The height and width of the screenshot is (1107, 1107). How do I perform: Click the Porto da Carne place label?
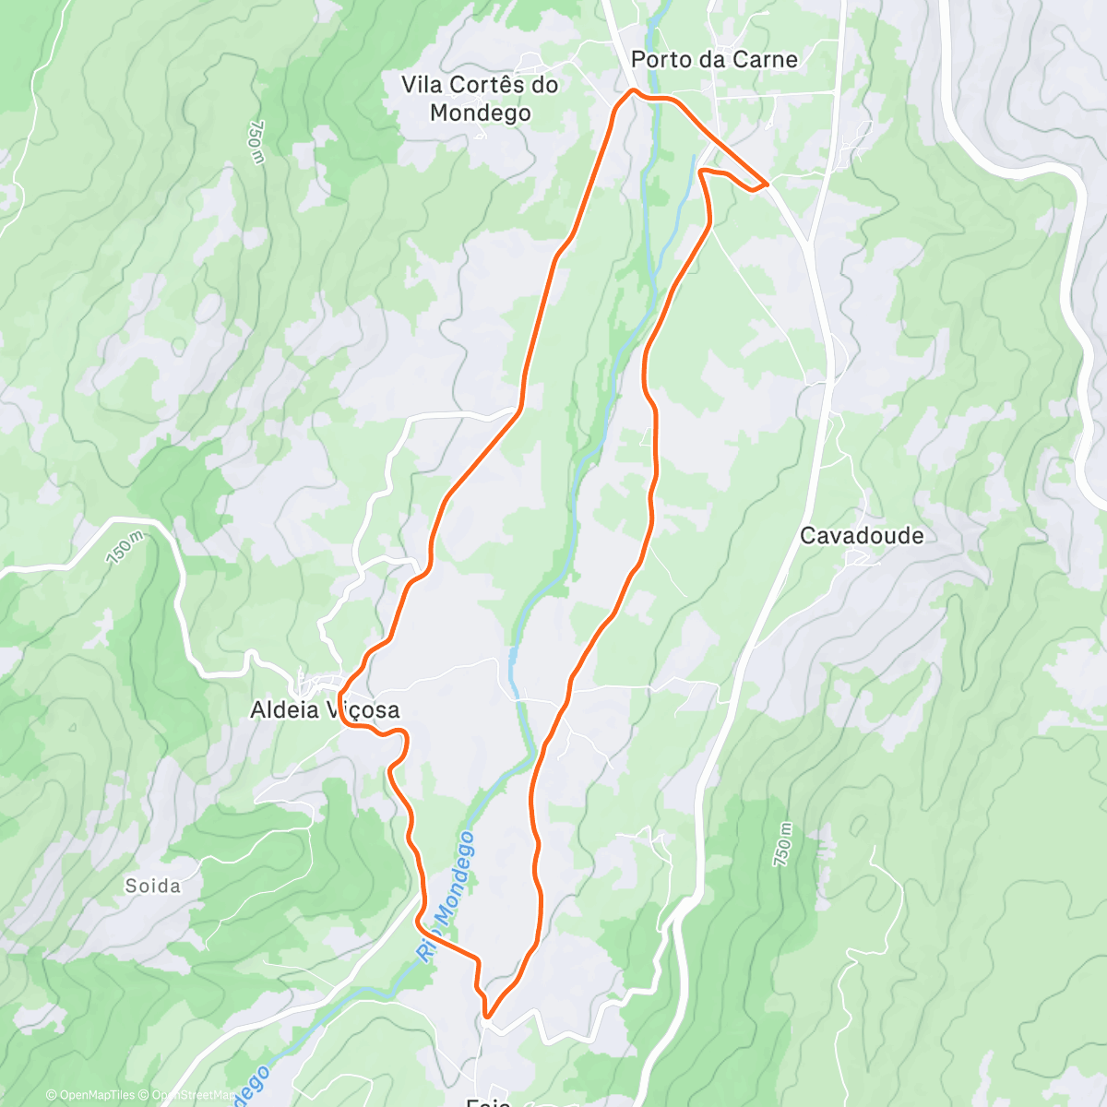pos(714,60)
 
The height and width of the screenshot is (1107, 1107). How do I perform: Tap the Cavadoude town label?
pos(862,536)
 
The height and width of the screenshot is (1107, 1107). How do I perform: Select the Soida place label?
pos(153,887)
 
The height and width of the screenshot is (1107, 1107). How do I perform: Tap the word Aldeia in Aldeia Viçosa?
pos(281,710)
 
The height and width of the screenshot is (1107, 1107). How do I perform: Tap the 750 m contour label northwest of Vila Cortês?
pos(256,143)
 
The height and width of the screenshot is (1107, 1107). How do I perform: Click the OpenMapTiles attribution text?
pos(90,1095)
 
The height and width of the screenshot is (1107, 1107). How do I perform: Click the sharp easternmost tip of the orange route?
pos(768,184)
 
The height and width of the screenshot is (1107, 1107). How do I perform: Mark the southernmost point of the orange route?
pos(486,1018)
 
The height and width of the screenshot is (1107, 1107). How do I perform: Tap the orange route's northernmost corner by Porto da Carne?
pos(632,89)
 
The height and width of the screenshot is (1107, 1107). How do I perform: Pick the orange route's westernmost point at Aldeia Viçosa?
pos(339,696)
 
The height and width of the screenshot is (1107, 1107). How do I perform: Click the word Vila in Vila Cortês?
pos(421,85)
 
